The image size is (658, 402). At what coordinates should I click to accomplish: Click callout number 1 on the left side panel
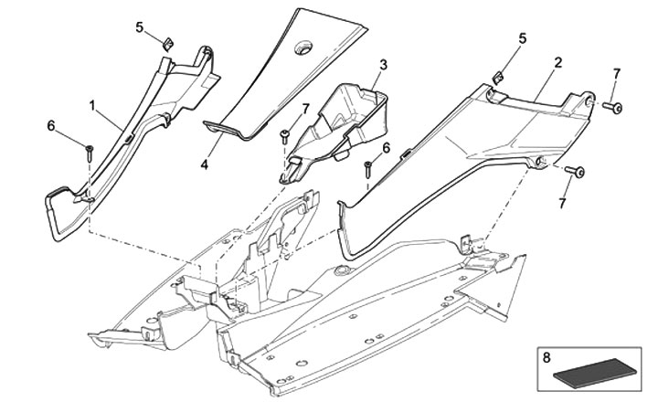(92, 106)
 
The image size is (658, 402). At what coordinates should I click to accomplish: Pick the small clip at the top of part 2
(500, 77)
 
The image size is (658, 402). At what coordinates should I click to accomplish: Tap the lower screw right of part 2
(578, 171)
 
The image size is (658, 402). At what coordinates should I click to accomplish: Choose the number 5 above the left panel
(140, 27)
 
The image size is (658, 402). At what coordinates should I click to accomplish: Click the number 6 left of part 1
(51, 126)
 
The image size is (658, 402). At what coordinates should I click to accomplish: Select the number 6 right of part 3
(387, 147)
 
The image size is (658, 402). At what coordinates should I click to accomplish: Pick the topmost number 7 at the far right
(616, 72)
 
